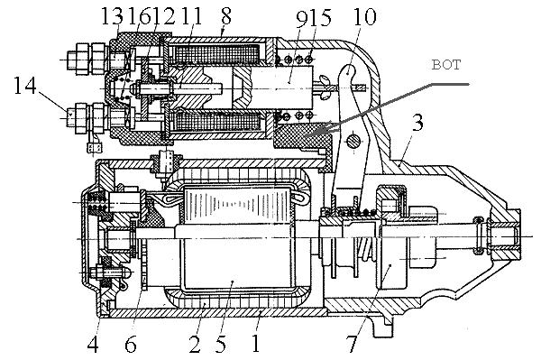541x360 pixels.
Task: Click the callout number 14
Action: pyautogui.click(x=25, y=86)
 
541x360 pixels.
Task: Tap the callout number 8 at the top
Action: pyautogui.click(x=225, y=15)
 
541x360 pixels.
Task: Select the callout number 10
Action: pyautogui.click(x=364, y=16)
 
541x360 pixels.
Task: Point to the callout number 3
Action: pyautogui.click(x=417, y=123)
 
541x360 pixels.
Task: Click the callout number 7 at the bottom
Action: pyautogui.click(x=352, y=344)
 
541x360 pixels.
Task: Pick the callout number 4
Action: pyautogui.click(x=93, y=344)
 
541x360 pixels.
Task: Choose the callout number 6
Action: pyautogui.click(x=131, y=344)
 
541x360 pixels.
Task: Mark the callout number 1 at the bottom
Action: pyautogui.click(x=255, y=344)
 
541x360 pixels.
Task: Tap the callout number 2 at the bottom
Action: pyautogui.click(x=195, y=344)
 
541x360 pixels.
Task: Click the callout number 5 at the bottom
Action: pyautogui.click(x=221, y=344)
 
